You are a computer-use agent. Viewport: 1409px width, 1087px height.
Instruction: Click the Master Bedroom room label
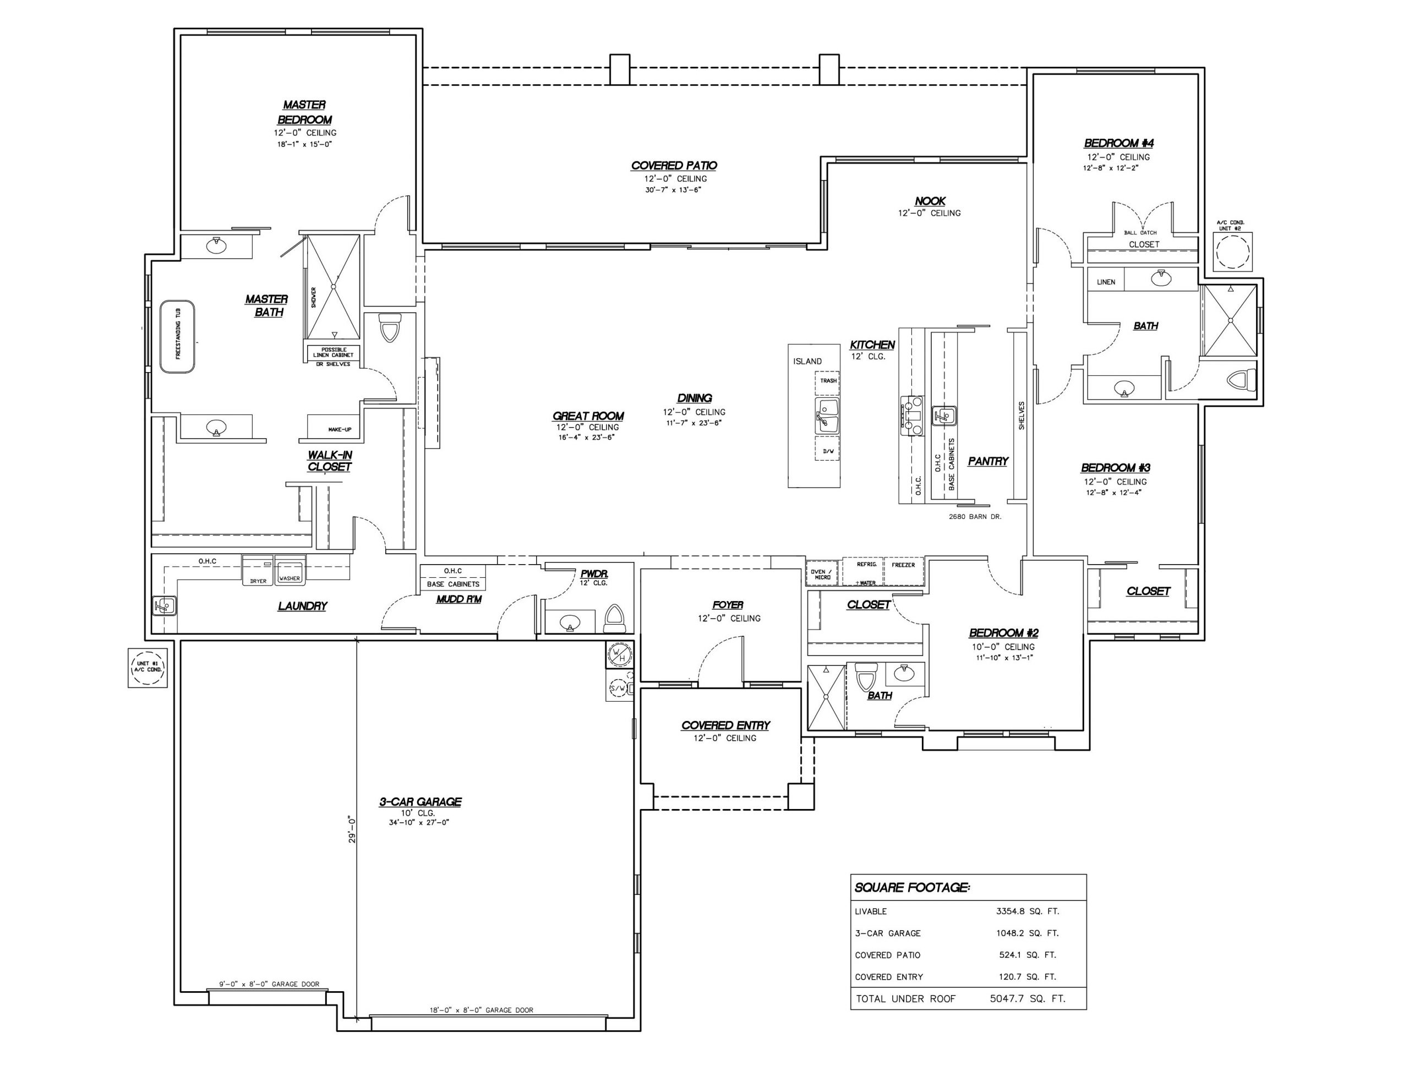coord(304,112)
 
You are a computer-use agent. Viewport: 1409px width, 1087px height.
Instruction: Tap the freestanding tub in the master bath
coord(177,336)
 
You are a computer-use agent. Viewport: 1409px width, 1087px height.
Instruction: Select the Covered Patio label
coord(674,166)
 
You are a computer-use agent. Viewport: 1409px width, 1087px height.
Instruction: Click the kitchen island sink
coord(828,416)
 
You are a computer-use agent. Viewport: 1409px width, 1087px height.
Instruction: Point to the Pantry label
coord(988,461)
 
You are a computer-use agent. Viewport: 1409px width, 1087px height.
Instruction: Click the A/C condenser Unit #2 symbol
coord(1232,252)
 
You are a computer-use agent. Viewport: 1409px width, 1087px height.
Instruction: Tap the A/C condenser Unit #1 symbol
coord(148,667)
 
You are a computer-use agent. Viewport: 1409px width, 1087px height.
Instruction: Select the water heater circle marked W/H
coord(619,656)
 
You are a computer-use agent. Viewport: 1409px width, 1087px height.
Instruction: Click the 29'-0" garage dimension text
coord(352,829)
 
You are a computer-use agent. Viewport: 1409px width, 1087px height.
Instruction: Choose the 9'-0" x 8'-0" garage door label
coord(269,985)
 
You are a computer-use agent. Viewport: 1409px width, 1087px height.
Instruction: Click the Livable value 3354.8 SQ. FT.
coord(1028,911)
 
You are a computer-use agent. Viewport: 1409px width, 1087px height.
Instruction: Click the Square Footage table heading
coord(911,888)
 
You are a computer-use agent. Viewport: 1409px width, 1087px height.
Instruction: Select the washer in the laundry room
coord(290,570)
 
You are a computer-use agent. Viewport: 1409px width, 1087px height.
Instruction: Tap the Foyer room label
coord(728,605)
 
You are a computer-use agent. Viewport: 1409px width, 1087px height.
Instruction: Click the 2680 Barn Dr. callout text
coord(975,517)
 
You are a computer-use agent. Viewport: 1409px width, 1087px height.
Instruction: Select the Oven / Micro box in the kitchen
coord(822,574)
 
